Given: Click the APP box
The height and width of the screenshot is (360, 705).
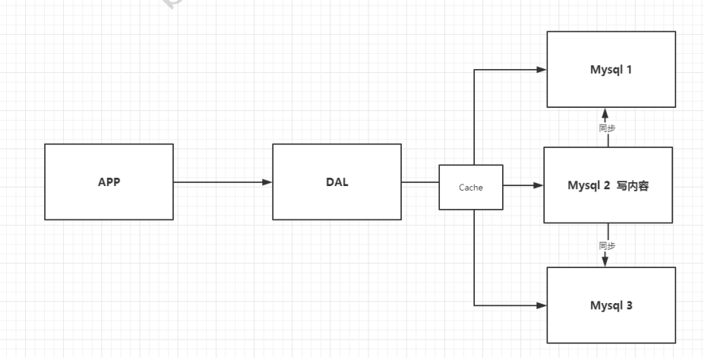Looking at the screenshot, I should tap(109, 182).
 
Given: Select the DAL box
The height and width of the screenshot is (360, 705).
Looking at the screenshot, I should tap(337, 182).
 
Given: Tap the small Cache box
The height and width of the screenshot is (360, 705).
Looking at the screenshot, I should tap(470, 187).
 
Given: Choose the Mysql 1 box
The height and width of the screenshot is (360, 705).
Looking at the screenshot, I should tap(611, 69).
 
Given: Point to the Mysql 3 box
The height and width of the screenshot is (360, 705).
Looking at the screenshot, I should tap(611, 306).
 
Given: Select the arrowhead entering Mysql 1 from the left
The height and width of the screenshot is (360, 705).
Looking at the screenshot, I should tap(541, 69).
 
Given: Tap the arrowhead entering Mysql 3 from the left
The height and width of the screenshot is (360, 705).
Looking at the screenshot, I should tap(541, 306).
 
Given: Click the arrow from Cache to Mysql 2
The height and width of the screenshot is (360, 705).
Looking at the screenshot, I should tap(523, 185).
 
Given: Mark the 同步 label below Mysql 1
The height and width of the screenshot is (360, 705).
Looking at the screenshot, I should tap(606, 128).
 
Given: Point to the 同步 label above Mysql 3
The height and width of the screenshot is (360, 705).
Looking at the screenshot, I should tap(606, 246).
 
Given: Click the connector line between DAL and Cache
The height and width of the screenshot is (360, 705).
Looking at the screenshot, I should tap(420, 182).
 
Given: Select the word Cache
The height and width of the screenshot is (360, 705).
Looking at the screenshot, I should tap(470, 187).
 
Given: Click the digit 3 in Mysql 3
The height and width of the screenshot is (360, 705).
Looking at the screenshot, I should tap(629, 306).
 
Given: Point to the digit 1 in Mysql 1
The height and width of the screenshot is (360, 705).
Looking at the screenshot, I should tap(629, 69).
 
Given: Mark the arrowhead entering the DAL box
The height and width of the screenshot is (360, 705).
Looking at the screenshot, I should tap(267, 182).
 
